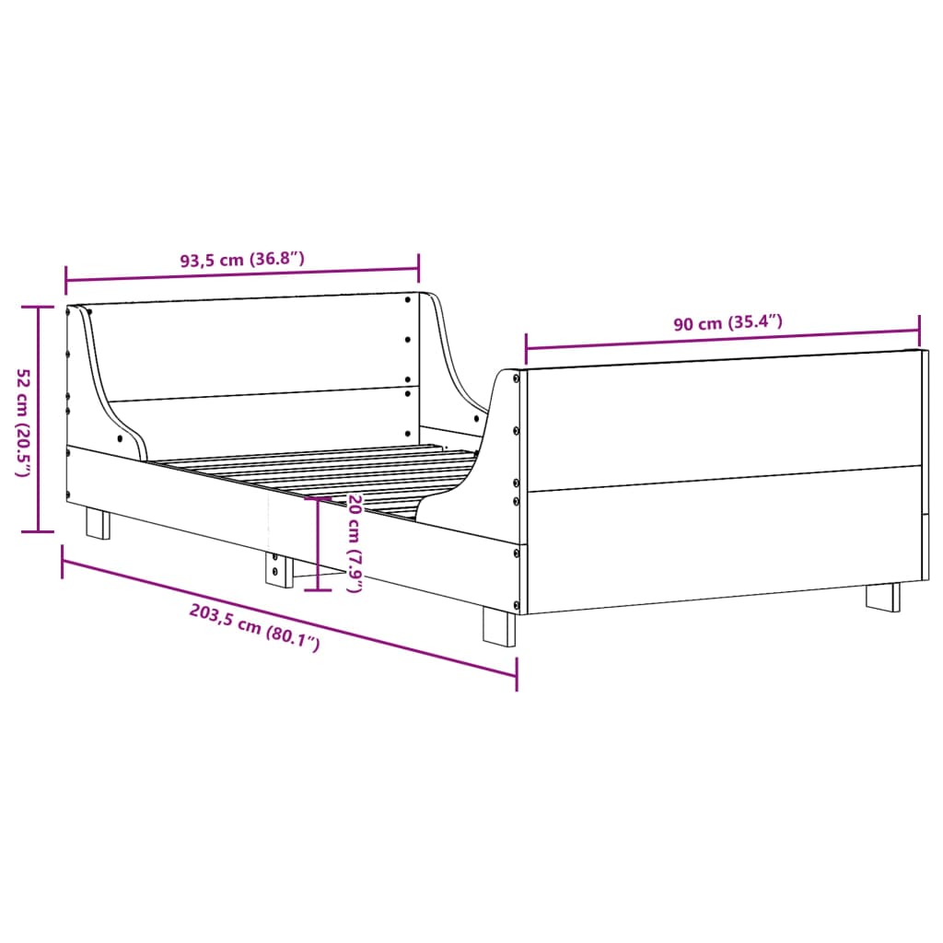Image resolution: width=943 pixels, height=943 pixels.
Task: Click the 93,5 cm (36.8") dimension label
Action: tap(241, 260)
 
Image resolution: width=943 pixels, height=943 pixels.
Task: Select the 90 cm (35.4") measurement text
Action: tap(728, 323)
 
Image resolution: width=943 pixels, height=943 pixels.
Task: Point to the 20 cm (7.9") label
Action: tap(354, 542)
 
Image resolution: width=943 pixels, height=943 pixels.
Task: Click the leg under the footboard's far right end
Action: tap(883, 596)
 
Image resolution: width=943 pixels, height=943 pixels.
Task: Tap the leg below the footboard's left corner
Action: tap(500, 627)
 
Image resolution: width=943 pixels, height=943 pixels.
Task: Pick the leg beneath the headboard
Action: tap(98, 523)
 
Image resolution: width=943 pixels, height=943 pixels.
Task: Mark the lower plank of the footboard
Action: tap(723, 539)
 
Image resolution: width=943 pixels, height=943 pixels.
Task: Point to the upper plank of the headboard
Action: tap(258, 348)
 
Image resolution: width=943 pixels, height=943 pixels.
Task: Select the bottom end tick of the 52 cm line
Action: tap(38, 531)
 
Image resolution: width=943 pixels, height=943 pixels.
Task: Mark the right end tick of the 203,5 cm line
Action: tap(516, 675)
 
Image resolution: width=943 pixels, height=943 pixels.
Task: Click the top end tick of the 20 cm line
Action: tap(317, 498)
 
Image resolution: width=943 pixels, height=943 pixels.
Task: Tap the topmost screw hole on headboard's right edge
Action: tap(408, 298)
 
